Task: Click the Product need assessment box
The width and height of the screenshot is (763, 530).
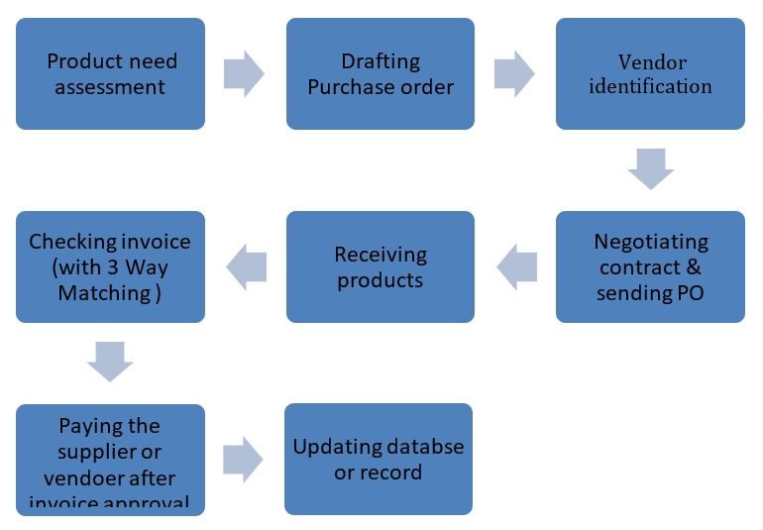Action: [x=110, y=74]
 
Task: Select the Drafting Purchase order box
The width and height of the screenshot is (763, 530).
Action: [x=381, y=74]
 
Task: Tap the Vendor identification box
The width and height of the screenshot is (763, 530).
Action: [x=650, y=74]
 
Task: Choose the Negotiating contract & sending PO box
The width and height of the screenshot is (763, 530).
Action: [x=650, y=266]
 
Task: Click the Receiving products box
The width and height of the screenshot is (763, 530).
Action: [x=381, y=266]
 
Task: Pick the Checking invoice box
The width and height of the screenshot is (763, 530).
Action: [x=110, y=266]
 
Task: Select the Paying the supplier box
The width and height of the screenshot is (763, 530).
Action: [x=110, y=460]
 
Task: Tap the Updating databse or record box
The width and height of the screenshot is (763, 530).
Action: [x=379, y=459]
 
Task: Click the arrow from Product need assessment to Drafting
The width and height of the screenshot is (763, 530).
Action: [x=244, y=72]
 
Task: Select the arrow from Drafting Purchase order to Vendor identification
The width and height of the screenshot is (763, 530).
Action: [x=514, y=72]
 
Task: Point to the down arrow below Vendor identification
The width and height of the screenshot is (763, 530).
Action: [x=651, y=168]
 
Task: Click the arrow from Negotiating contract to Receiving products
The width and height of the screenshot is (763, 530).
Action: [x=515, y=266]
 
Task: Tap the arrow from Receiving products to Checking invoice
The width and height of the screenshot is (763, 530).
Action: [x=246, y=266]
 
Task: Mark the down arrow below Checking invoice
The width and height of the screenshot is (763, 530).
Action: [x=110, y=362]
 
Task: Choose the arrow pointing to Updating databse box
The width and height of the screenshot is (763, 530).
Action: [x=244, y=459]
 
